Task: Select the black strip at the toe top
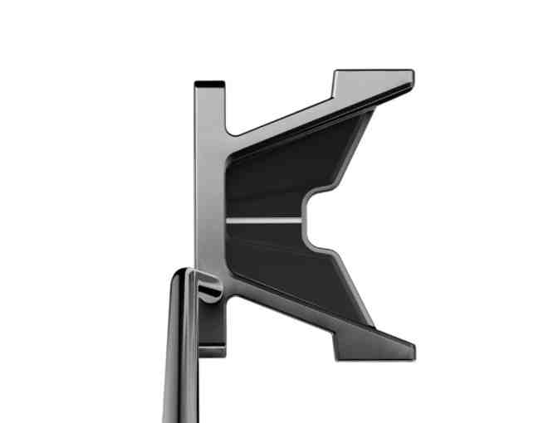209,83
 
